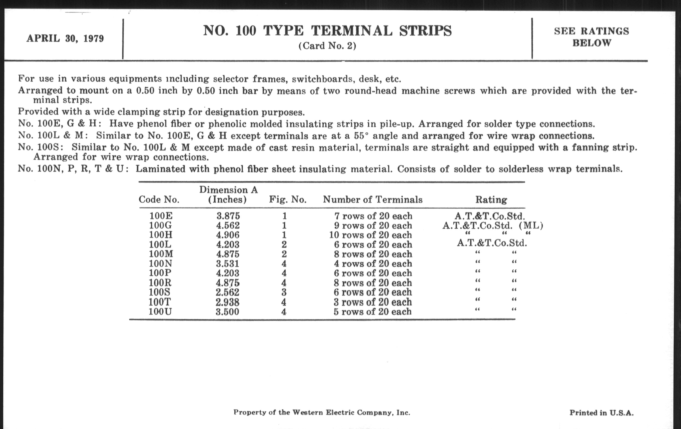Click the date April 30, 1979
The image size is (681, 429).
(x=65, y=38)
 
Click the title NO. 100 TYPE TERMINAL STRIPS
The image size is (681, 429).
(x=327, y=31)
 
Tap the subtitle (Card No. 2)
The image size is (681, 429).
(x=327, y=46)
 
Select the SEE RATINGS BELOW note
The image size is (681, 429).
(x=591, y=37)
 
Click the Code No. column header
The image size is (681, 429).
(x=159, y=200)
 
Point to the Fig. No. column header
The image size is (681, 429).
(x=288, y=200)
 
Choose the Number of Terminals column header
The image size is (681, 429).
(x=372, y=200)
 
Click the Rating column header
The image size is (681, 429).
(x=491, y=200)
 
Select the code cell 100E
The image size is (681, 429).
(x=161, y=216)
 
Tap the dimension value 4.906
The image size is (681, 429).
(x=228, y=235)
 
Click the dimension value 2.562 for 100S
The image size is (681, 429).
(x=227, y=292)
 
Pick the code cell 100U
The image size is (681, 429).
(x=160, y=312)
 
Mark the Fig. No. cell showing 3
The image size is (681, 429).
(x=284, y=292)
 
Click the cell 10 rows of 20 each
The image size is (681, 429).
(x=370, y=235)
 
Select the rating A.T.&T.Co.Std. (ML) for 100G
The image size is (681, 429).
(x=492, y=226)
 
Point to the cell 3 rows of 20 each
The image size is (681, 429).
(x=372, y=302)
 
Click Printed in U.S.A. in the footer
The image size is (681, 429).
(x=601, y=413)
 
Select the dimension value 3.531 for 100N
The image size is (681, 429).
(x=228, y=264)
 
